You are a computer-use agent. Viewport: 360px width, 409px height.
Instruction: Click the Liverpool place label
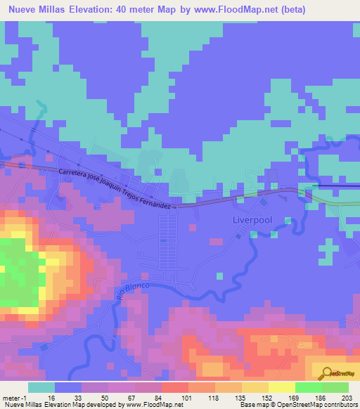(x=251, y=219)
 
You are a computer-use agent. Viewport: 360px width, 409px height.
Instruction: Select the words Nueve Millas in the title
(x=35, y=10)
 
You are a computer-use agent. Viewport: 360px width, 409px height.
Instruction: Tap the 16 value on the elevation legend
(x=51, y=397)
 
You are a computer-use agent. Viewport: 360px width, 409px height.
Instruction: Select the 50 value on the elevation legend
(x=105, y=397)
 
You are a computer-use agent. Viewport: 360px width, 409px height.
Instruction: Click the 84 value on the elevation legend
(x=158, y=397)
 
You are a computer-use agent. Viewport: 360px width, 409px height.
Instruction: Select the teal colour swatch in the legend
(x=41, y=387)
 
